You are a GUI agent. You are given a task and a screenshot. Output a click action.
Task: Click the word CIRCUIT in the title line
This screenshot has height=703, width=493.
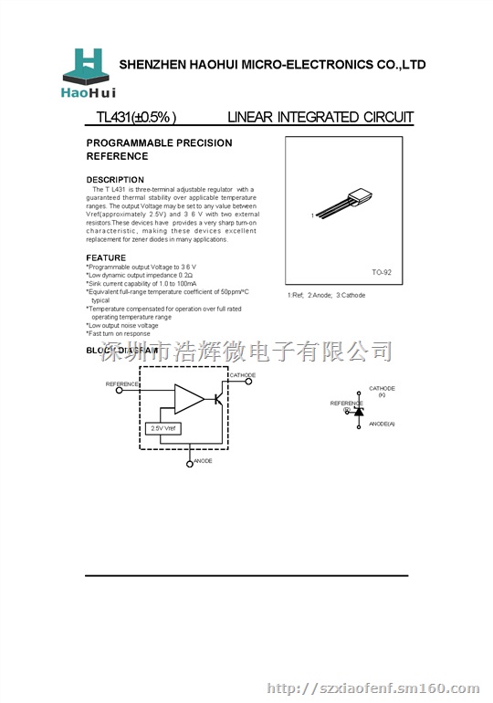388,117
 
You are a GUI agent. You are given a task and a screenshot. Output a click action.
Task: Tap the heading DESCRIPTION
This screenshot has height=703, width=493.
115,180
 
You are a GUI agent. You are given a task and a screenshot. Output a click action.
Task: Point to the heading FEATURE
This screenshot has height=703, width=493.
106,258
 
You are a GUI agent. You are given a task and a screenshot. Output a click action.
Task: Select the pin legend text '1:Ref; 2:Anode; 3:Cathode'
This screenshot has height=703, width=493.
326,296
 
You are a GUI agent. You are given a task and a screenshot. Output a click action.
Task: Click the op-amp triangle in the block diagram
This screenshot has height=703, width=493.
189,398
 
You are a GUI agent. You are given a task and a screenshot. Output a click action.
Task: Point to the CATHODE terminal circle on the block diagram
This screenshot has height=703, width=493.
248,382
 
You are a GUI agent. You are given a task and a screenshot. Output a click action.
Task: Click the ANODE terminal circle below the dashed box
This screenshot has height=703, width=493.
190,464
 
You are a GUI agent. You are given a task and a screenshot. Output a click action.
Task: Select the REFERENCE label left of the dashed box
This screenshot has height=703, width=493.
122,384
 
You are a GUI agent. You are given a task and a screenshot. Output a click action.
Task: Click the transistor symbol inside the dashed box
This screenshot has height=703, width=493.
218,398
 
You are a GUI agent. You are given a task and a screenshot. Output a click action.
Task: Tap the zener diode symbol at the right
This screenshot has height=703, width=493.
358,413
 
